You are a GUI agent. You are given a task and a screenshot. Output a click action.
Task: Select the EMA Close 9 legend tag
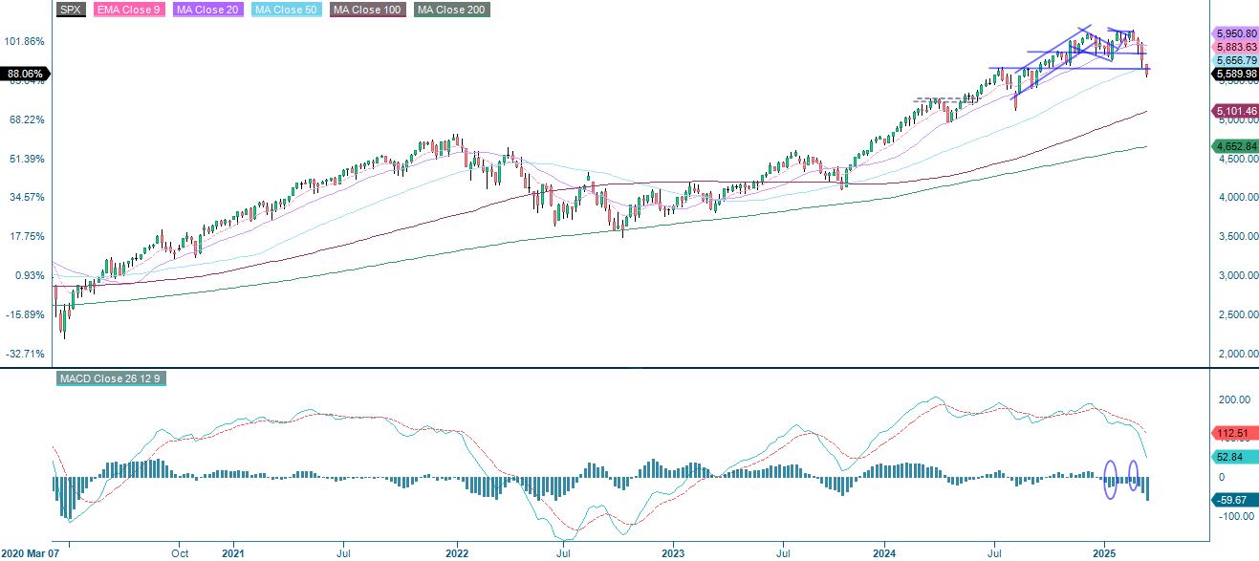(x=126, y=10)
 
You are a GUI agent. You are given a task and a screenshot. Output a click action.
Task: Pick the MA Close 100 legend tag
(x=367, y=10)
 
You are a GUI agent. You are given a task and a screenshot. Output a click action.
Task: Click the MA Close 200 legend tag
(x=450, y=10)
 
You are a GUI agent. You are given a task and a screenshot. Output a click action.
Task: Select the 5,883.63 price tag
(x=1234, y=47)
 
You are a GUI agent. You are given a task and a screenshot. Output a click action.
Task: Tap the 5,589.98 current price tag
(x=1234, y=74)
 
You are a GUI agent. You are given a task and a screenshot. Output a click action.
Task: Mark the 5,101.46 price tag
(x=1234, y=111)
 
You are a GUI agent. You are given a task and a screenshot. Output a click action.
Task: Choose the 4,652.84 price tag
(x=1234, y=146)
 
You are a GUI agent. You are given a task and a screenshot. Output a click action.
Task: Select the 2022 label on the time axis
(x=456, y=552)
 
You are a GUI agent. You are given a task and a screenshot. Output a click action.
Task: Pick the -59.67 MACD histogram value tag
(x=1233, y=499)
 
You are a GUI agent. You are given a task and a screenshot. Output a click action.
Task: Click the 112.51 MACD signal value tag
(x=1233, y=431)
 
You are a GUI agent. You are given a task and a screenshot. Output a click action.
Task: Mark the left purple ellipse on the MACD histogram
(x=1111, y=479)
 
